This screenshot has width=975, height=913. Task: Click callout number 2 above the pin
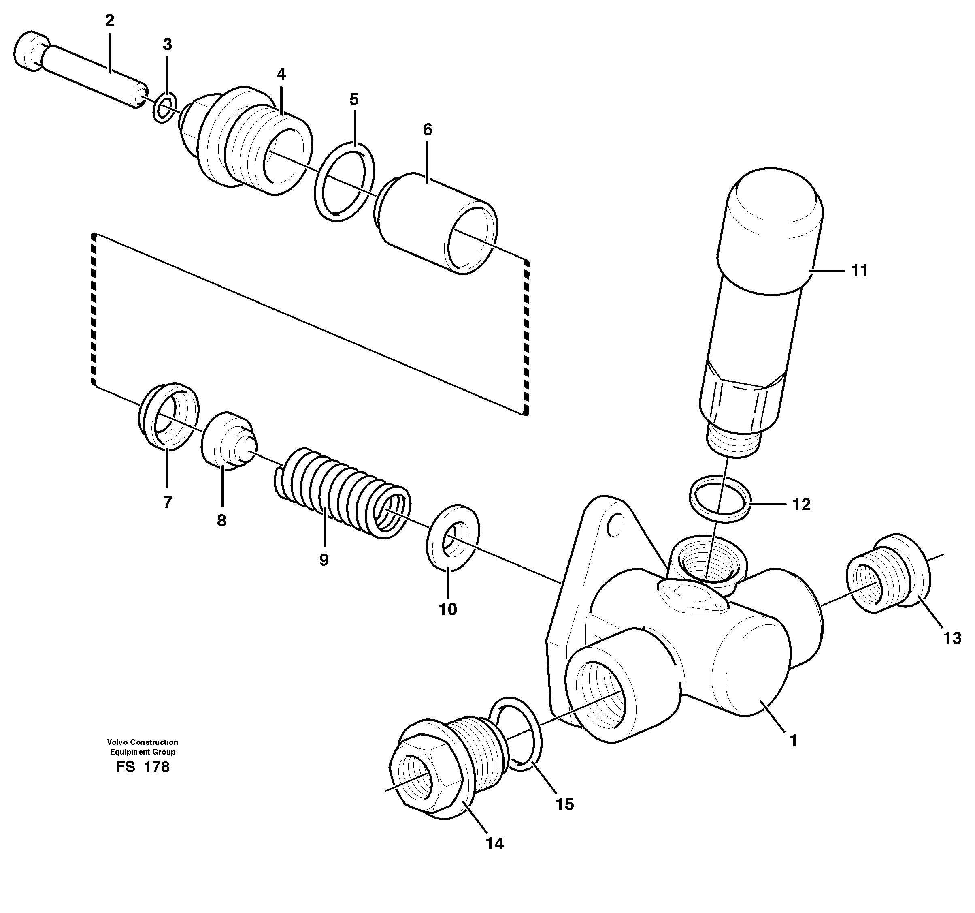tap(109, 21)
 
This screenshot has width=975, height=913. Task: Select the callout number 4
tap(281, 75)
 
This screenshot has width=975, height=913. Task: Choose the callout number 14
tap(495, 843)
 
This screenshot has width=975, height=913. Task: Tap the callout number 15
tap(564, 804)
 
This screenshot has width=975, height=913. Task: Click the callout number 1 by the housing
tap(793, 740)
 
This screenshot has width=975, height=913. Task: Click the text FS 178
tap(143, 767)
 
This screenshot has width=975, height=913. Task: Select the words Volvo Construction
tap(143, 742)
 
